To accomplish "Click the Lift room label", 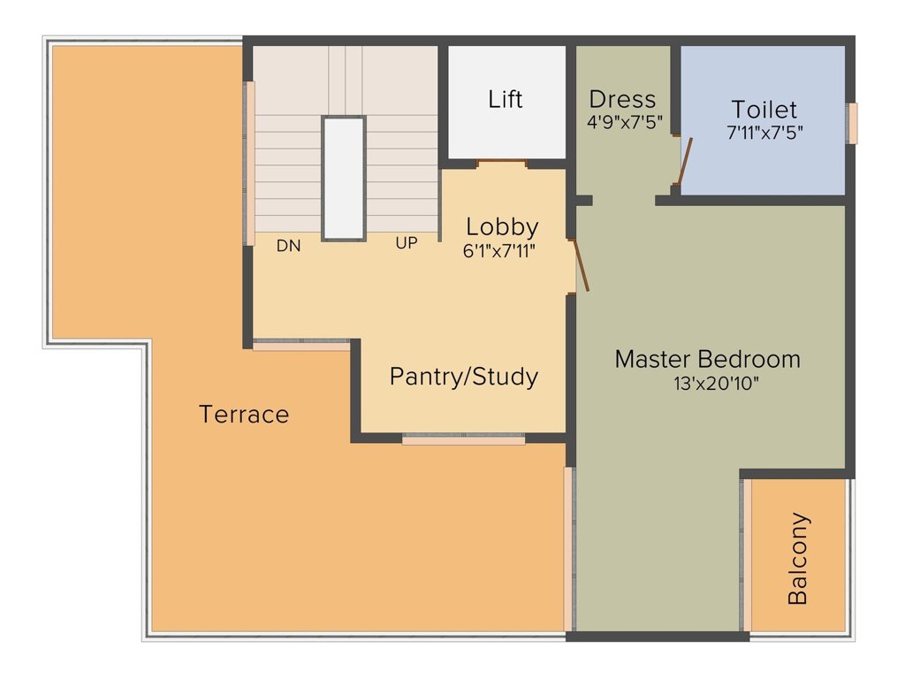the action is click(505, 99).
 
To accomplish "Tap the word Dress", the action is click(622, 99).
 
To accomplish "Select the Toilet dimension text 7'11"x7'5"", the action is click(764, 133).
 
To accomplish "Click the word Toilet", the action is click(764, 109).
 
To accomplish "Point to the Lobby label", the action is click(502, 227).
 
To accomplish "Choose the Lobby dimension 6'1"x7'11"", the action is click(499, 251).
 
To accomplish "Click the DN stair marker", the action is click(289, 246).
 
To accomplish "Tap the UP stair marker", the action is click(407, 243).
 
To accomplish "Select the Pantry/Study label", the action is click(464, 377).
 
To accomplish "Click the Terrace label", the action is click(244, 415).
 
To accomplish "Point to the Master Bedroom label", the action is click(708, 359).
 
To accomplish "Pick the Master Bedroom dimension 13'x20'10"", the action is click(716, 384).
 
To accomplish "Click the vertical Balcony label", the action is click(798, 558).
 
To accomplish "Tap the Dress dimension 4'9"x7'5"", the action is click(625, 122).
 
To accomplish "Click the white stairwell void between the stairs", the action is click(344, 179).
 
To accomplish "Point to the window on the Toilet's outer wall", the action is click(851, 123).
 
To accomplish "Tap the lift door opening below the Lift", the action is click(502, 164).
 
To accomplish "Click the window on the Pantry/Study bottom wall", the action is click(463, 440).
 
